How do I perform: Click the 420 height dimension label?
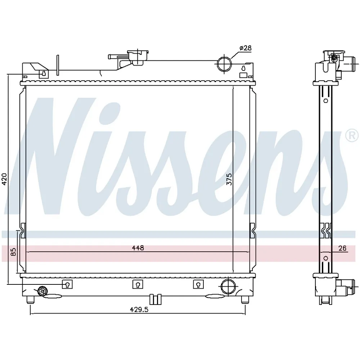click(x=4, y=179)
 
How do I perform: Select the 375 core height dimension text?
click(x=229, y=179)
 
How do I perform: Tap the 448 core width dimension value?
click(x=138, y=248)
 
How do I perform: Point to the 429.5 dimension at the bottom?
click(x=139, y=310)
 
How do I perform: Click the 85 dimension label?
click(x=14, y=252)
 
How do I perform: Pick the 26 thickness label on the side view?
click(x=342, y=248)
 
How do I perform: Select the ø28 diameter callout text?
click(x=245, y=48)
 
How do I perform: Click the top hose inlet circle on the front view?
click(x=224, y=64)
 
